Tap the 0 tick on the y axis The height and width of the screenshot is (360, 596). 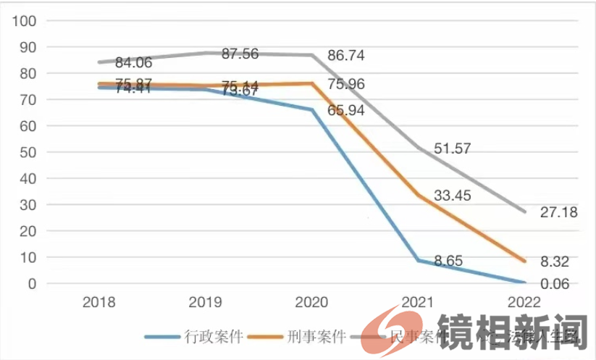coord(32,284)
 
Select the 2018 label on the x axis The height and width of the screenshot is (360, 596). coord(100,301)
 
